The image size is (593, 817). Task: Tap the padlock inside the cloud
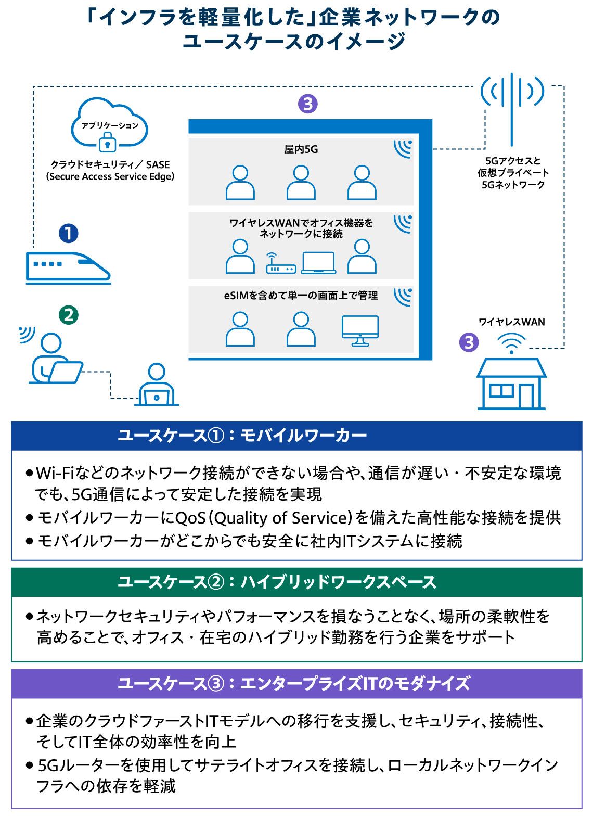tap(107, 142)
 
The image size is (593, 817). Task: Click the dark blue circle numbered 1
tap(69, 233)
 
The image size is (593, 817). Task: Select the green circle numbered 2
tap(69, 315)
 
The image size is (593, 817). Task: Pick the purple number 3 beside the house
tap(469, 342)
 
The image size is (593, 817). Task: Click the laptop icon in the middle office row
tap(318, 263)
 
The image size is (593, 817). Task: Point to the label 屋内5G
tap(301, 149)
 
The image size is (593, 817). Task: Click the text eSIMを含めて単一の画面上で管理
tap(301, 296)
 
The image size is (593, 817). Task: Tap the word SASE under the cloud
tap(158, 164)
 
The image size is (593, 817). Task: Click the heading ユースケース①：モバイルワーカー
tap(242, 436)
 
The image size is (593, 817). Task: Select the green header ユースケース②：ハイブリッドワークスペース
tap(277, 582)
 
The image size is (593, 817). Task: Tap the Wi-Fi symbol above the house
tap(511, 344)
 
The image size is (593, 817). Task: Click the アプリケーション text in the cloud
tap(110, 125)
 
